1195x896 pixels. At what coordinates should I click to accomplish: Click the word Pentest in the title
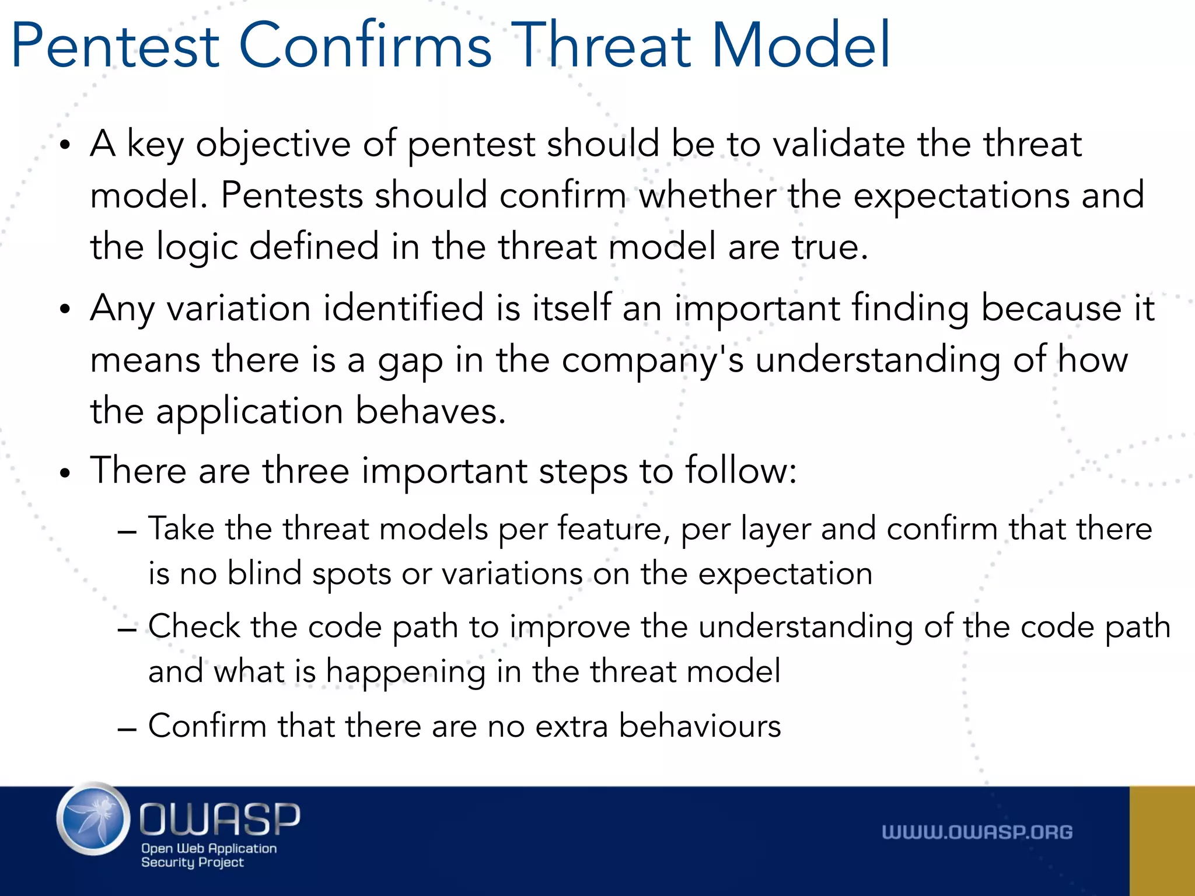(115, 45)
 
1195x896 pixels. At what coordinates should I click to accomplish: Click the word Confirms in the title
(365, 45)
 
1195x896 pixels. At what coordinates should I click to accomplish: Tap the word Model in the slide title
(801, 45)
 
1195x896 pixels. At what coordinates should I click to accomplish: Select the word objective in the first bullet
(272, 144)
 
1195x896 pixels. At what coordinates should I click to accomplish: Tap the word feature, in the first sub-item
(613, 529)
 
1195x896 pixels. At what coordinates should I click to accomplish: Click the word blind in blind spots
(264, 573)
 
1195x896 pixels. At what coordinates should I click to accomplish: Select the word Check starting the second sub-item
(194, 626)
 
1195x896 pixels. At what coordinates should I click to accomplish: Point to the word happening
(405, 672)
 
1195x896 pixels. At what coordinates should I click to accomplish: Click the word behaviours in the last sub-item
(699, 726)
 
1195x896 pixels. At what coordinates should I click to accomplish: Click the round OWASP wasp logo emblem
(93, 819)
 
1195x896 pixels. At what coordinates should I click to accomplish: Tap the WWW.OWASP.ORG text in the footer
(977, 832)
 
